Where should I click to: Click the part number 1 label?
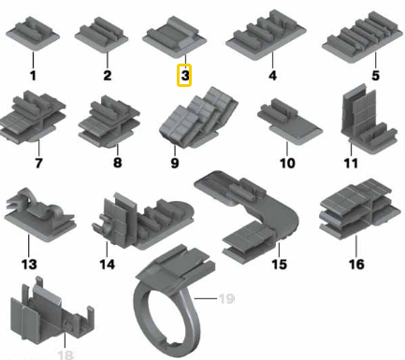[x=33, y=76]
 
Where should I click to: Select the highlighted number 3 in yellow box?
[x=184, y=75]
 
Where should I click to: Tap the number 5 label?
[x=375, y=76]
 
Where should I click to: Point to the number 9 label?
[x=175, y=163]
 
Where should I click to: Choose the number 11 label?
[x=351, y=163]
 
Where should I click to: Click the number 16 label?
[x=356, y=264]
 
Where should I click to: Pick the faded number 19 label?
[x=226, y=298]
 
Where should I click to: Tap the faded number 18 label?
[x=65, y=355]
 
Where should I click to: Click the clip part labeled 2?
[x=101, y=35]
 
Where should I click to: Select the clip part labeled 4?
[x=266, y=35]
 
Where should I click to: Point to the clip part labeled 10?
[x=289, y=122]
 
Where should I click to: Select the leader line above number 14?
[x=107, y=250]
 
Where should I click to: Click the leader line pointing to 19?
[x=206, y=298]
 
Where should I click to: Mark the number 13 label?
[x=29, y=264]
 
